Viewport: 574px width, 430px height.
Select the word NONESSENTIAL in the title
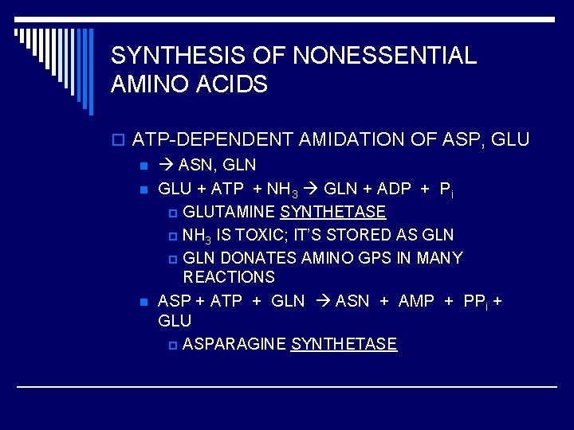(x=385, y=56)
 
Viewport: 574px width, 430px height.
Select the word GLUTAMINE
(x=230, y=212)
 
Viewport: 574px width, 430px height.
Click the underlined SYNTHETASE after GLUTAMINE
(x=333, y=212)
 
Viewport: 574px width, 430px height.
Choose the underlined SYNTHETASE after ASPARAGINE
(x=344, y=344)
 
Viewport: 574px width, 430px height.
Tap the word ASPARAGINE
(x=234, y=344)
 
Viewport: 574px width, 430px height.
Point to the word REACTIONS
(x=229, y=277)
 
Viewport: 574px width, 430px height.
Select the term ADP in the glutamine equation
(x=393, y=189)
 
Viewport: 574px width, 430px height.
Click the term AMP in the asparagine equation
(x=416, y=301)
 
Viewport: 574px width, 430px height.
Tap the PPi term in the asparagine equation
(x=477, y=301)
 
